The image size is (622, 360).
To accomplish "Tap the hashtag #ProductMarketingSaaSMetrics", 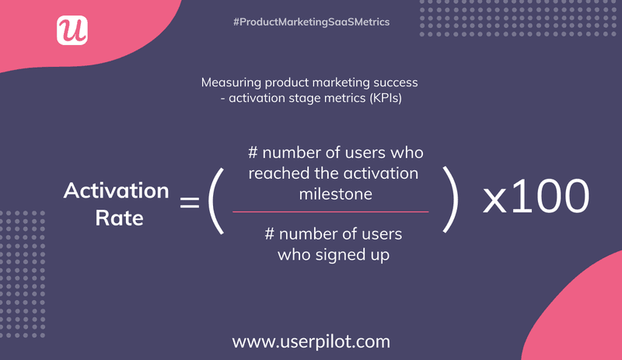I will (311, 23).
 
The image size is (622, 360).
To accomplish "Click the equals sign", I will (190, 204).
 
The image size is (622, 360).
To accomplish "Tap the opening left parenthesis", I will (216, 204).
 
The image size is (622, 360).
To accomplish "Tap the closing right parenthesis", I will (448, 204).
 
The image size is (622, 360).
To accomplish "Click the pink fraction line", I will (330, 211).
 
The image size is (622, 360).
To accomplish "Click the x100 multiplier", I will (535, 197).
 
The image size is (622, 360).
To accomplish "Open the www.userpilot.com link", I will (311, 341).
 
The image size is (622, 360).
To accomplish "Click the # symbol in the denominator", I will (271, 234).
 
